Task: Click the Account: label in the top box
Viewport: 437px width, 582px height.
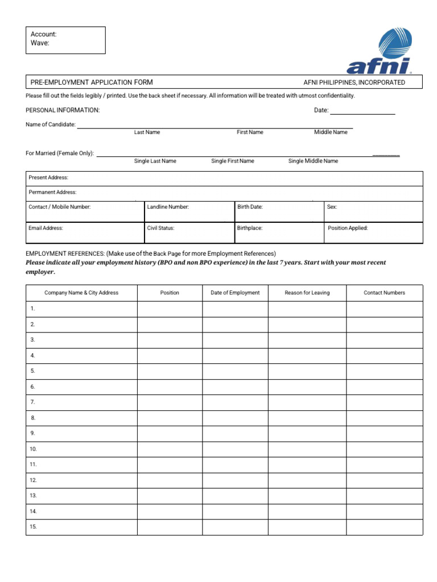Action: (x=44, y=35)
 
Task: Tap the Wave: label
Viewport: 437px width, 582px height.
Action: (x=40, y=43)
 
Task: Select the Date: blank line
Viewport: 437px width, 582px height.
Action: (x=362, y=111)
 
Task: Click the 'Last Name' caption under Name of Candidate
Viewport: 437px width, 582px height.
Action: (x=147, y=132)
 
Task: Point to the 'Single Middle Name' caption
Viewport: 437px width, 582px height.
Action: (x=313, y=161)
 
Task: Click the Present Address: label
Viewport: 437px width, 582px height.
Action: (x=48, y=178)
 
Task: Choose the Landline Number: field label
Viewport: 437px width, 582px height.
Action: (x=168, y=207)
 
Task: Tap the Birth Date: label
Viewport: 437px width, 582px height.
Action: (x=250, y=207)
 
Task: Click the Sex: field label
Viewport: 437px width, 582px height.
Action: (x=332, y=207)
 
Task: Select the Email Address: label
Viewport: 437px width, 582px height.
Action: (x=46, y=228)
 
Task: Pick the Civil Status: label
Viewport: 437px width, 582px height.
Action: (x=160, y=228)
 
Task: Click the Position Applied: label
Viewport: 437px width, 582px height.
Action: (x=348, y=228)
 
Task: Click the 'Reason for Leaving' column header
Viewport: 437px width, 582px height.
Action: (x=307, y=293)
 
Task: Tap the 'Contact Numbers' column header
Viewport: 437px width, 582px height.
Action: (x=385, y=293)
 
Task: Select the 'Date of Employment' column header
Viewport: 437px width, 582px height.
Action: (x=235, y=293)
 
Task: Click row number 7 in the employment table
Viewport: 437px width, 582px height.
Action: (x=33, y=402)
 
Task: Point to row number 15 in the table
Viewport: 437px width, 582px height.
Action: (x=33, y=527)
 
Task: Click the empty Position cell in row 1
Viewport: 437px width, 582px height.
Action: (x=170, y=309)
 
